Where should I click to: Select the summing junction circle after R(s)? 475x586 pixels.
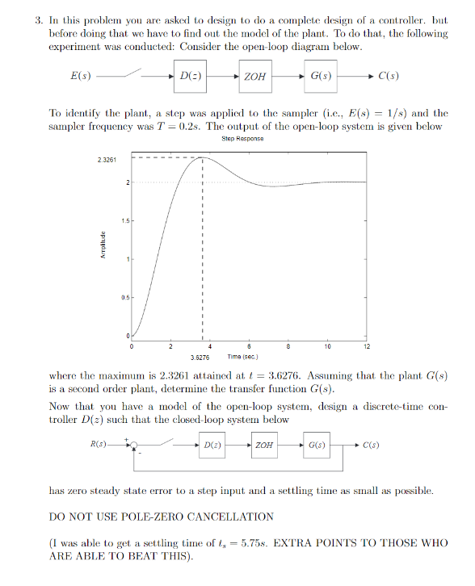tap(136, 445)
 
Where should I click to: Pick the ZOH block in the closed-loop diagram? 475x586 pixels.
tap(263, 445)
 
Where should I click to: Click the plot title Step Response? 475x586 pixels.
tap(242, 138)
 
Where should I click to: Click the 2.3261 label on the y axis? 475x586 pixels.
tap(107, 159)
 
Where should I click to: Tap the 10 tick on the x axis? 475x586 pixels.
tap(326, 346)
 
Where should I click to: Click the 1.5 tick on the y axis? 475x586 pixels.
tap(125, 220)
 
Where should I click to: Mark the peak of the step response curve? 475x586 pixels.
tap(201, 157)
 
